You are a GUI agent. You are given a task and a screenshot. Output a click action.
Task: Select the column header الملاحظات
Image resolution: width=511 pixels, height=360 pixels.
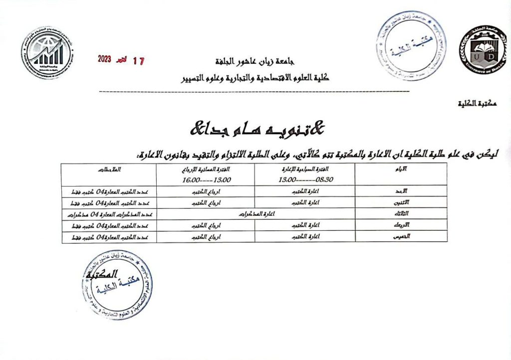tap(109, 170)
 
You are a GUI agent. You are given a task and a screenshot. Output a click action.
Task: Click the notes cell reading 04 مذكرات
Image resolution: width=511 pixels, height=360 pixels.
tap(109, 214)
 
